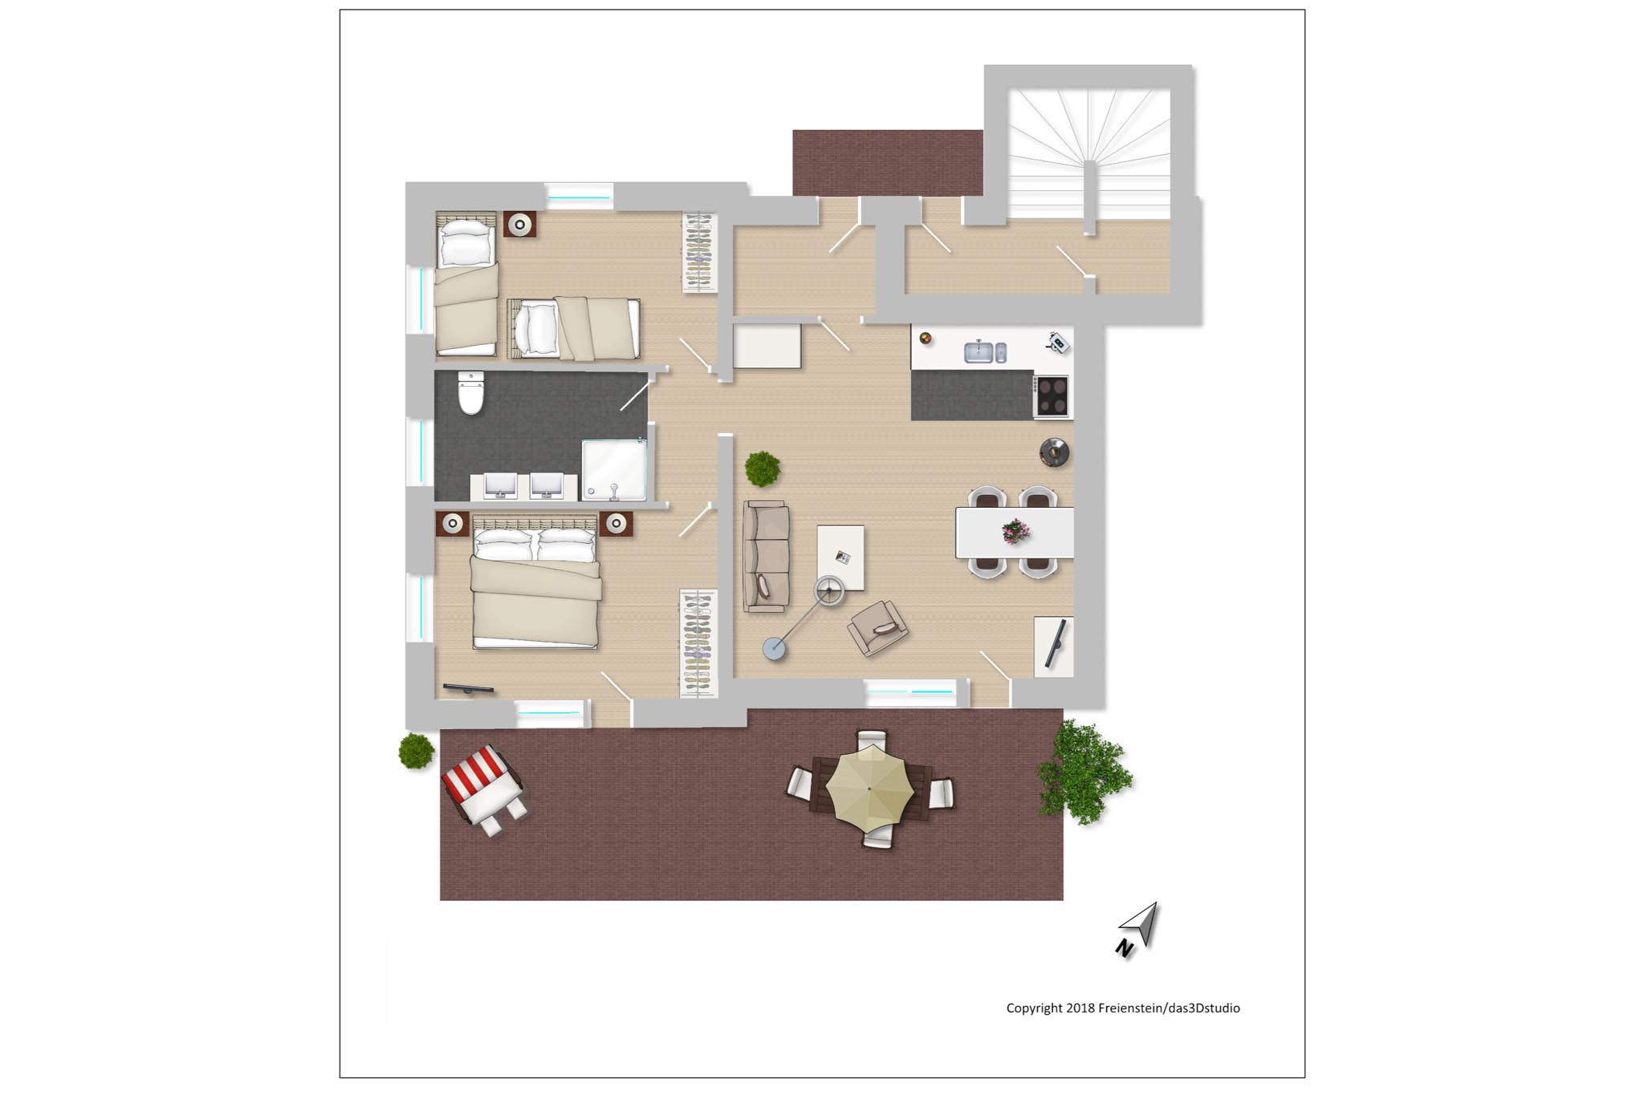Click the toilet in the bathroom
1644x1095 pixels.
[x=470, y=392]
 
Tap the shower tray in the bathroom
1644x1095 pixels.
[x=614, y=470]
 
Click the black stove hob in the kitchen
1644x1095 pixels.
[x=1052, y=396]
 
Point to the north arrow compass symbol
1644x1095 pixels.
[x=1138, y=928]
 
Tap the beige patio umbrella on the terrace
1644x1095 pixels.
[x=870, y=789]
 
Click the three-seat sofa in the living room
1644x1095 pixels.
[x=766, y=557]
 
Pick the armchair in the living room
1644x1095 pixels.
[x=878, y=627]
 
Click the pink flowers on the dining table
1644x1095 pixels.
[x=1015, y=530]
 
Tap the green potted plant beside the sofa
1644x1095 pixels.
[x=762, y=468]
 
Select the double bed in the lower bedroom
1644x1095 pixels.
[x=535, y=582]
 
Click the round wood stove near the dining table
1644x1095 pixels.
[x=1055, y=452]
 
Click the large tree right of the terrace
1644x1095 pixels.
[x=1083, y=772]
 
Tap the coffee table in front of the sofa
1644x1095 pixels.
[x=840, y=558]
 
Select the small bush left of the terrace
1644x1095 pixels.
[x=417, y=751]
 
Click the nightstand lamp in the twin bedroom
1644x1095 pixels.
[x=520, y=224]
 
